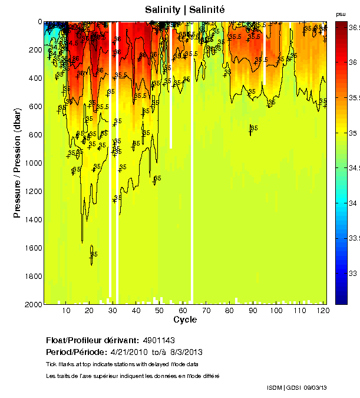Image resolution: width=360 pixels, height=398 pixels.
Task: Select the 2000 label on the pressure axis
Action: coord(33,304)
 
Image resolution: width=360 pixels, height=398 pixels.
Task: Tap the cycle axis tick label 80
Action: coord(229,310)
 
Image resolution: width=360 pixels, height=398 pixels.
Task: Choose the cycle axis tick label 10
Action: coord(66,310)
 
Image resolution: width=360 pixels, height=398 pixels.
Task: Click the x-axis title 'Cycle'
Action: coord(185,320)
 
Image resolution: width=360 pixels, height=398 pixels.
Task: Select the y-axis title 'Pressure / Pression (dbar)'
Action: coord(17,163)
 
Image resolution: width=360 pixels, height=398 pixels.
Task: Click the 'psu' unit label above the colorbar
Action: coord(341,14)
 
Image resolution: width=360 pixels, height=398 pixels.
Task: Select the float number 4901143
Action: coord(158,340)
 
